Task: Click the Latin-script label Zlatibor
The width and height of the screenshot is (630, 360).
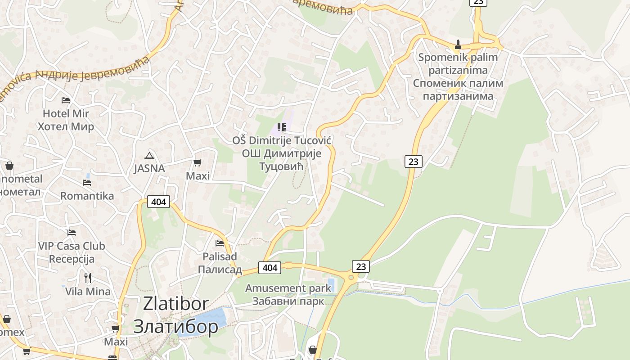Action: [x=176, y=304]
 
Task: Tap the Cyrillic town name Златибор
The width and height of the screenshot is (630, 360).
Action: [x=176, y=326]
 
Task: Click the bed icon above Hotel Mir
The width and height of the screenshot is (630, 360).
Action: [x=66, y=100]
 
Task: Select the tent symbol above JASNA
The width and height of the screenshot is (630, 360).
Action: [x=149, y=156]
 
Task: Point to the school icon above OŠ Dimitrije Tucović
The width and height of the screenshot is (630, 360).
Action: [x=282, y=127]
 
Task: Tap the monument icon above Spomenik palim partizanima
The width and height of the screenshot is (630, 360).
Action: [x=458, y=44]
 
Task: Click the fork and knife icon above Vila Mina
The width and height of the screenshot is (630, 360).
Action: [x=88, y=278]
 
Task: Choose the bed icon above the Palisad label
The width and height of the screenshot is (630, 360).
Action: [x=220, y=243]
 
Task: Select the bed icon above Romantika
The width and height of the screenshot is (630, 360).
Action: [x=87, y=183]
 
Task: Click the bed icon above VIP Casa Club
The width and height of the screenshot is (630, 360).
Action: [x=71, y=233]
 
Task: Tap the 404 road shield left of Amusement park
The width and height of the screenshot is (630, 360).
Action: [x=270, y=268]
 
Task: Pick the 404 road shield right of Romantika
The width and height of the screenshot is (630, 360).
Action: [x=158, y=202]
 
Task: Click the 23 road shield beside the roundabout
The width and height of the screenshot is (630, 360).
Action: [x=361, y=266]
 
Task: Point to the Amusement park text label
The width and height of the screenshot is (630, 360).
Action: [x=288, y=288]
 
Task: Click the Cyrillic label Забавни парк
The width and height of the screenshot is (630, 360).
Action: [x=288, y=301]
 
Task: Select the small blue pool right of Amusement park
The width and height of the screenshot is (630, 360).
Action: [x=331, y=285]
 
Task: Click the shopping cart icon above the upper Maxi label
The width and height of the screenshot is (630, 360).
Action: [x=198, y=162]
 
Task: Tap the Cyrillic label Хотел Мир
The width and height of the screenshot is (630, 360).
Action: [x=66, y=126]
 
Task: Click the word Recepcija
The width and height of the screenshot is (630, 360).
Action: [x=72, y=259]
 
